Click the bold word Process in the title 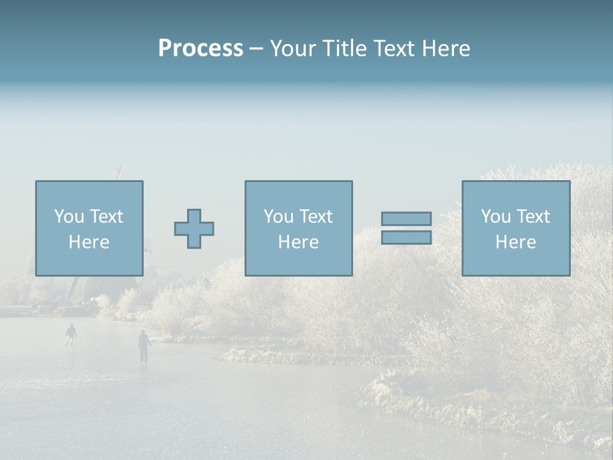point(201,49)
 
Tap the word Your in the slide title point(292,49)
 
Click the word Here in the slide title point(445,49)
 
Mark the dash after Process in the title point(256,50)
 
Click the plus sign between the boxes point(194,229)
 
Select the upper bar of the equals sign point(406,218)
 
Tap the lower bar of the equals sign point(406,238)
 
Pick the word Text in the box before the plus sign point(106,217)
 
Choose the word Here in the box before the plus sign point(89,242)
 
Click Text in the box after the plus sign point(315,217)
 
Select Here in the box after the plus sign point(298,242)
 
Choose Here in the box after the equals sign point(515,242)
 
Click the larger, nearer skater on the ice point(144,346)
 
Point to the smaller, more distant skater point(70,334)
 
